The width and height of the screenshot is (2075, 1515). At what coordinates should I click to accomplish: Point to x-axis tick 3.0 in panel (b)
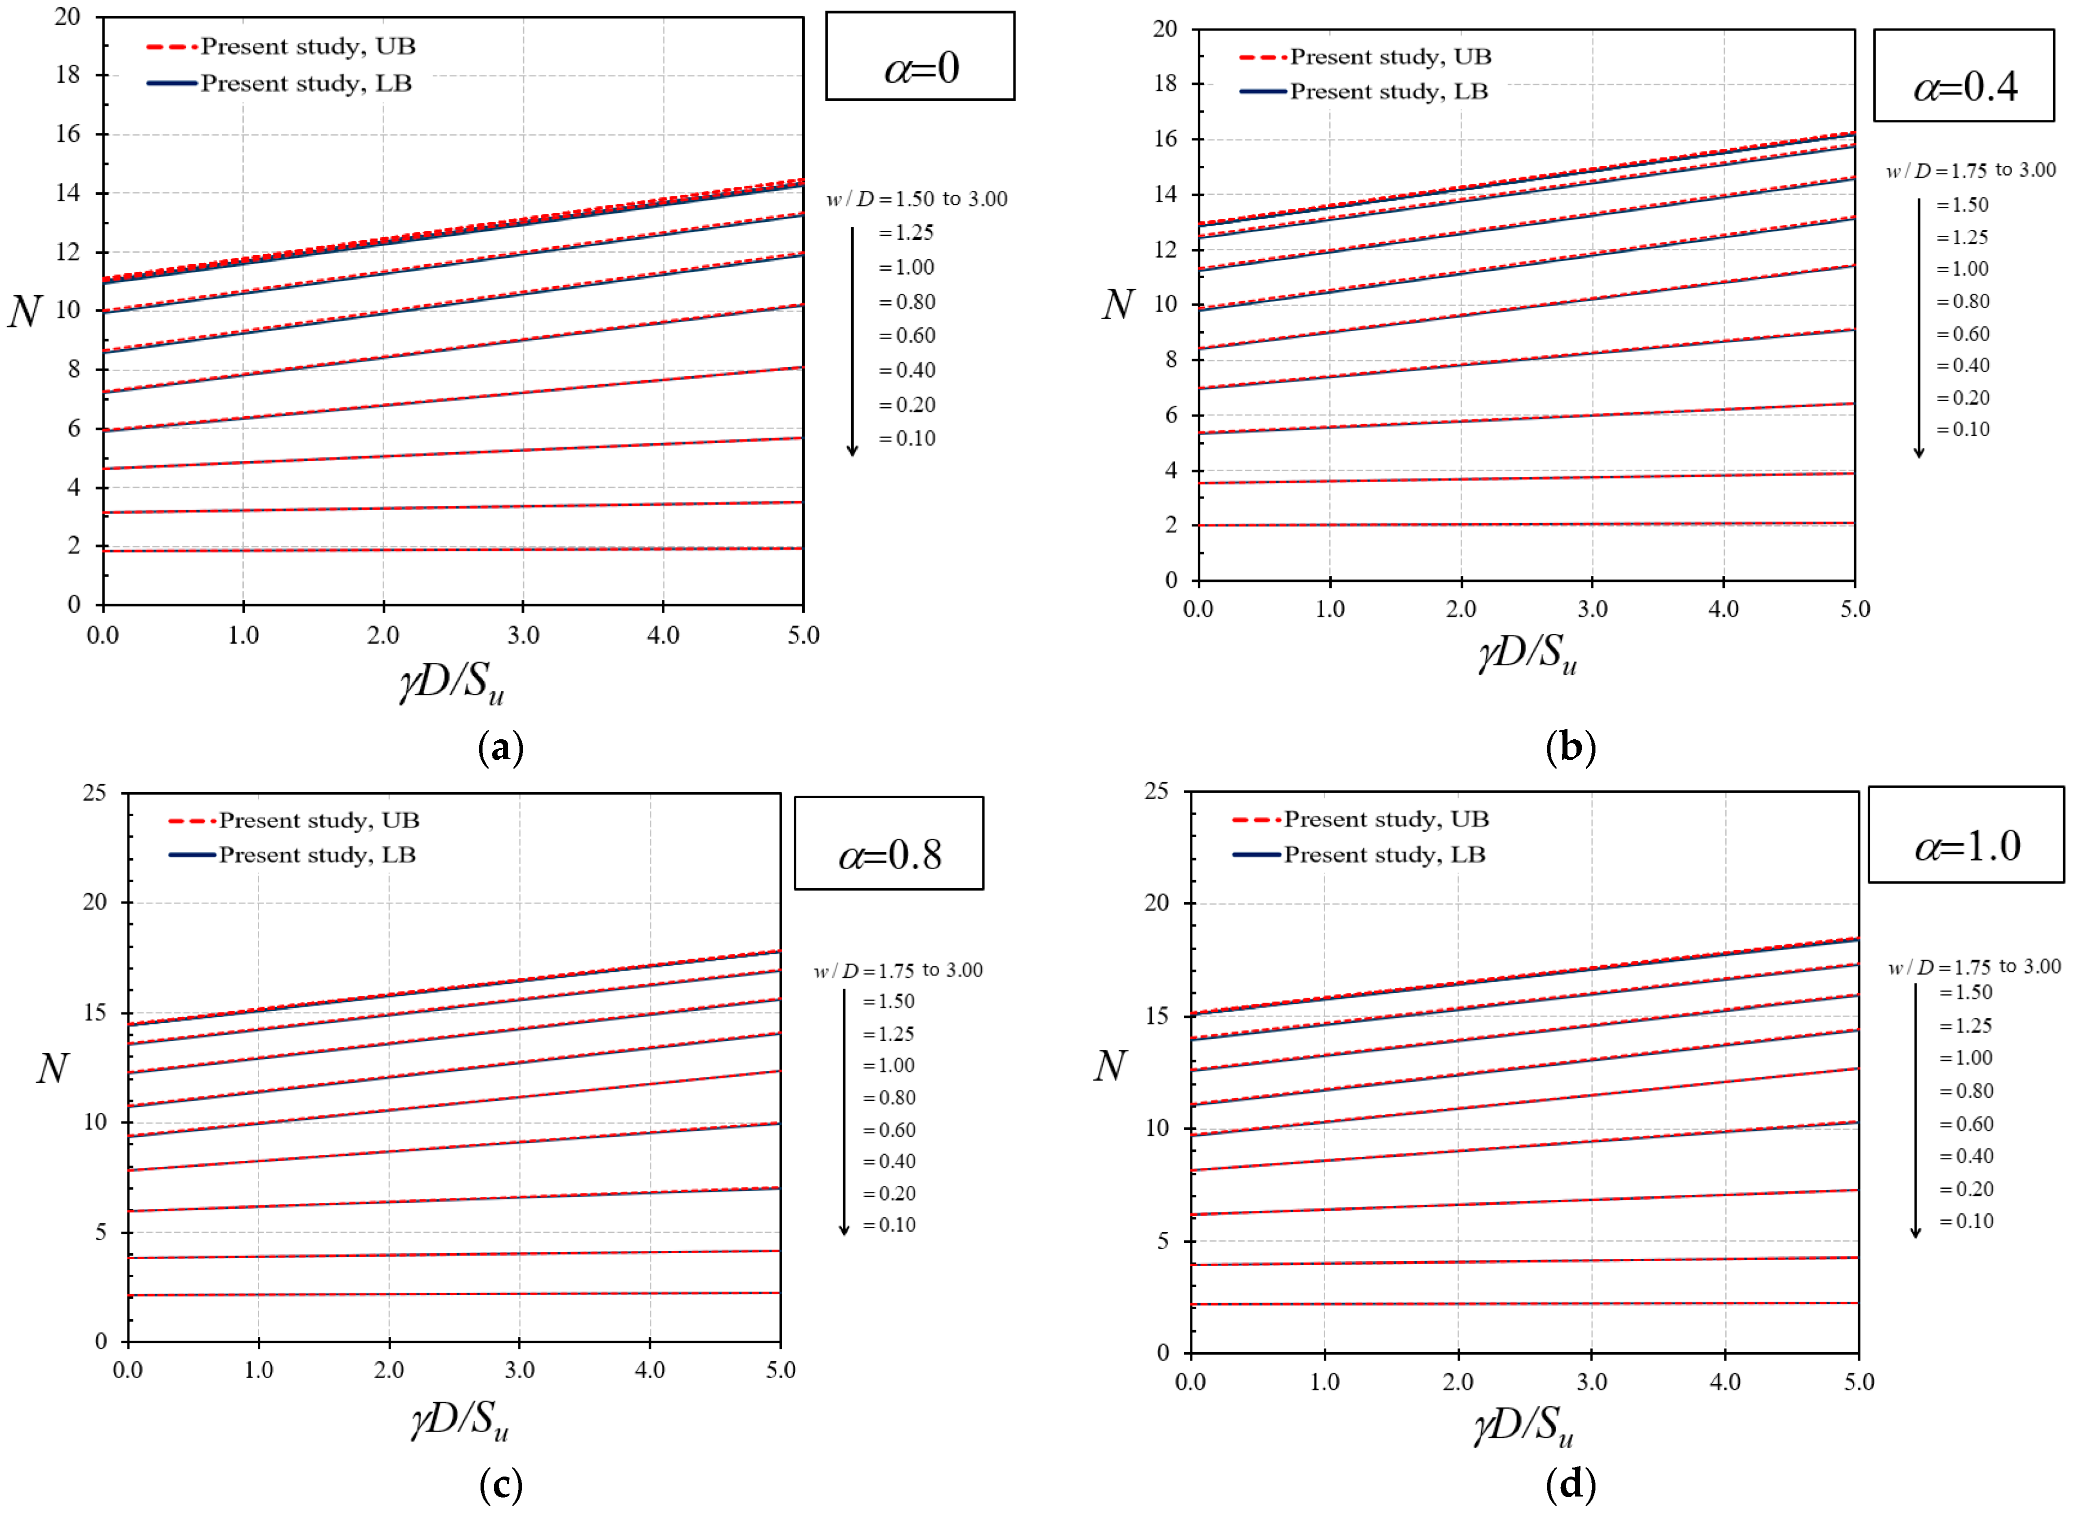tap(1592, 609)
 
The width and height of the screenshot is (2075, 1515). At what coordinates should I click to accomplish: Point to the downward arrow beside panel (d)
tap(1916, 1110)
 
